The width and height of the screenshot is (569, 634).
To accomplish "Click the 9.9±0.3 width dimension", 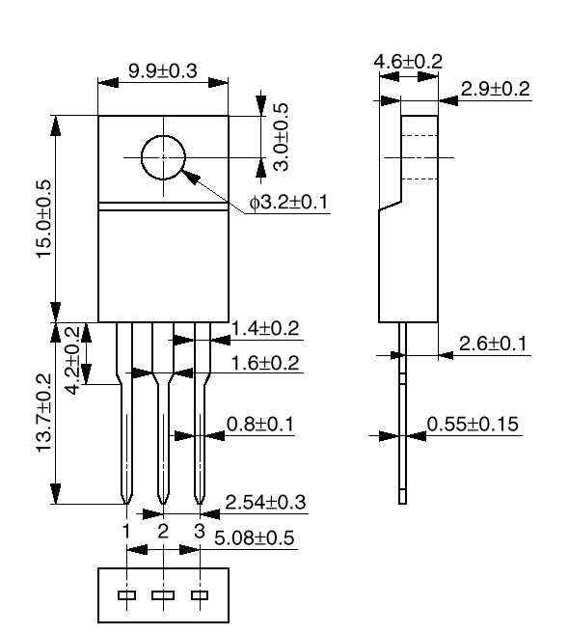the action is pyautogui.click(x=163, y=70).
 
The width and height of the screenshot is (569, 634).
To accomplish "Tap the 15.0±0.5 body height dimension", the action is pyautogui.click(x=43, y=219).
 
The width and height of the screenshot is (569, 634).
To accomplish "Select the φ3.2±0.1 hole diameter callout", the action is pyautogui.click(x=288, y=202).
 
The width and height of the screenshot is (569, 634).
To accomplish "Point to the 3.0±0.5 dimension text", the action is pyautogui.click(x=281, y=137).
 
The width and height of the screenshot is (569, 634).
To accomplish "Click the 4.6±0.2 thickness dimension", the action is pyautogui.click(x=408, y=62).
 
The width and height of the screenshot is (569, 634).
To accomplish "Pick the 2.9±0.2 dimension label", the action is pyautogui.click(x=495, y=89).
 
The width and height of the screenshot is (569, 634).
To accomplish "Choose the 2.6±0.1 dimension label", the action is pyautogui.click(x=493, y=344).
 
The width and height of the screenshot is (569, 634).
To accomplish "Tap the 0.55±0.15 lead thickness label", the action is pyautogui.click(x=473, y=425).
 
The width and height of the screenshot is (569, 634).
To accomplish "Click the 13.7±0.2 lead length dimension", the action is pyautogui.click(x=43, y=412).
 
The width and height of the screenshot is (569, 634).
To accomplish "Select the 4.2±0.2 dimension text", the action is pyautogui.click(x=72, y=360).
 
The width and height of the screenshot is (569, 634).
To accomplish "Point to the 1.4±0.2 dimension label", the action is pyautogui.click(x=265, y=328).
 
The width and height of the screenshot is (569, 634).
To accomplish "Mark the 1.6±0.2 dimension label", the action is pyautogui.click(x=265, y=363).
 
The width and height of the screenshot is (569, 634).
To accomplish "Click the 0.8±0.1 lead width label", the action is pyautogui.click(x=260, y=425).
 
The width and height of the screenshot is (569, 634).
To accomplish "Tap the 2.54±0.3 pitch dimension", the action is pyautogui.click(x=265, y=502).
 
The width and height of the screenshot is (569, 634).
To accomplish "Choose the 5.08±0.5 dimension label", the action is pyautogui.click(x=255, y=538).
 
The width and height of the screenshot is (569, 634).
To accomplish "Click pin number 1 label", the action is pyautogui.click(x=126, y=531).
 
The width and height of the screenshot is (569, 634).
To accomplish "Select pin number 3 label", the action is pyautogui.click(x=200, y=531).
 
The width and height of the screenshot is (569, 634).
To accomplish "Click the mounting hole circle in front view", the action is pyautogui.click(x=141, y=157).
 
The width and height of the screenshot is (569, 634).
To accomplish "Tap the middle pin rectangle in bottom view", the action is pyautogui.click(x=163, y=595).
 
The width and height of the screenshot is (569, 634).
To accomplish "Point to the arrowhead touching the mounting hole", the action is pyautogui.click(x=190, y=178).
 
